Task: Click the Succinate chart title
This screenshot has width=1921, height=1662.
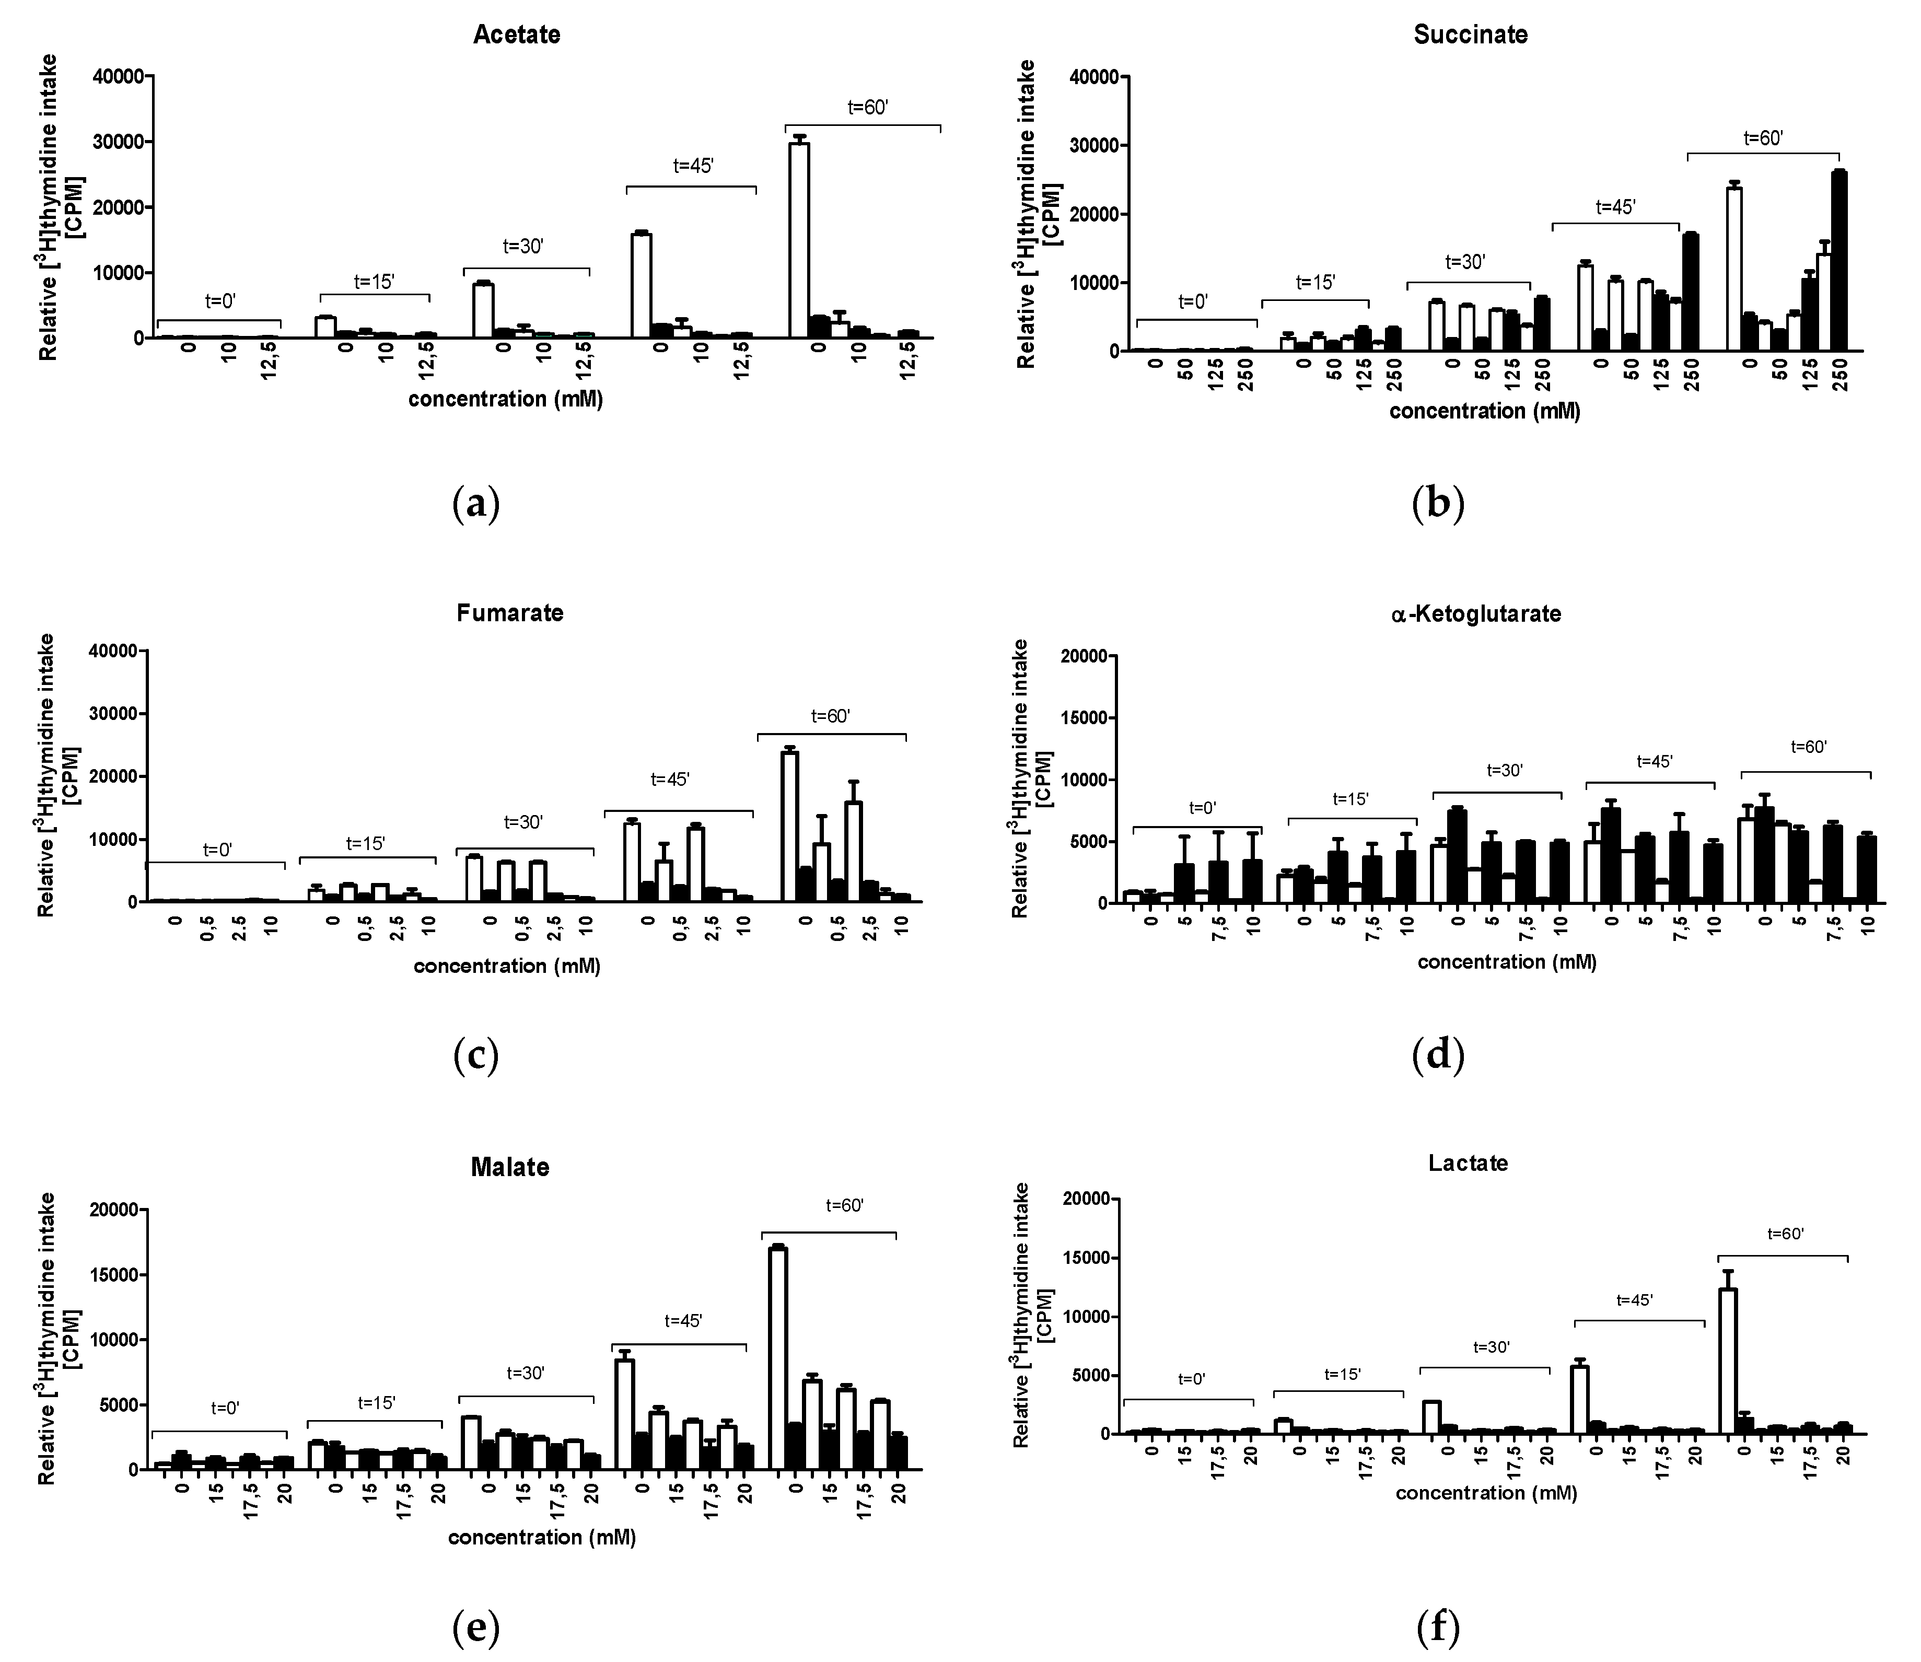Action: (x=1470, y=35)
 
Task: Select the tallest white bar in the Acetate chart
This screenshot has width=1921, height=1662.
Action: (x=799, y=241)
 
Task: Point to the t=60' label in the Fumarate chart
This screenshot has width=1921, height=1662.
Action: (x=830, y=716)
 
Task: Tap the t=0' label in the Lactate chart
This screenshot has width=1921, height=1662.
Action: (x=1191, y=1379)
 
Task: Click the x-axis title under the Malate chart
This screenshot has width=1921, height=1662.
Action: (x=542, y=1538)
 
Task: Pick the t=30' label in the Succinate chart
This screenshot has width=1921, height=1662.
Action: (x=1465, y=262)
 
